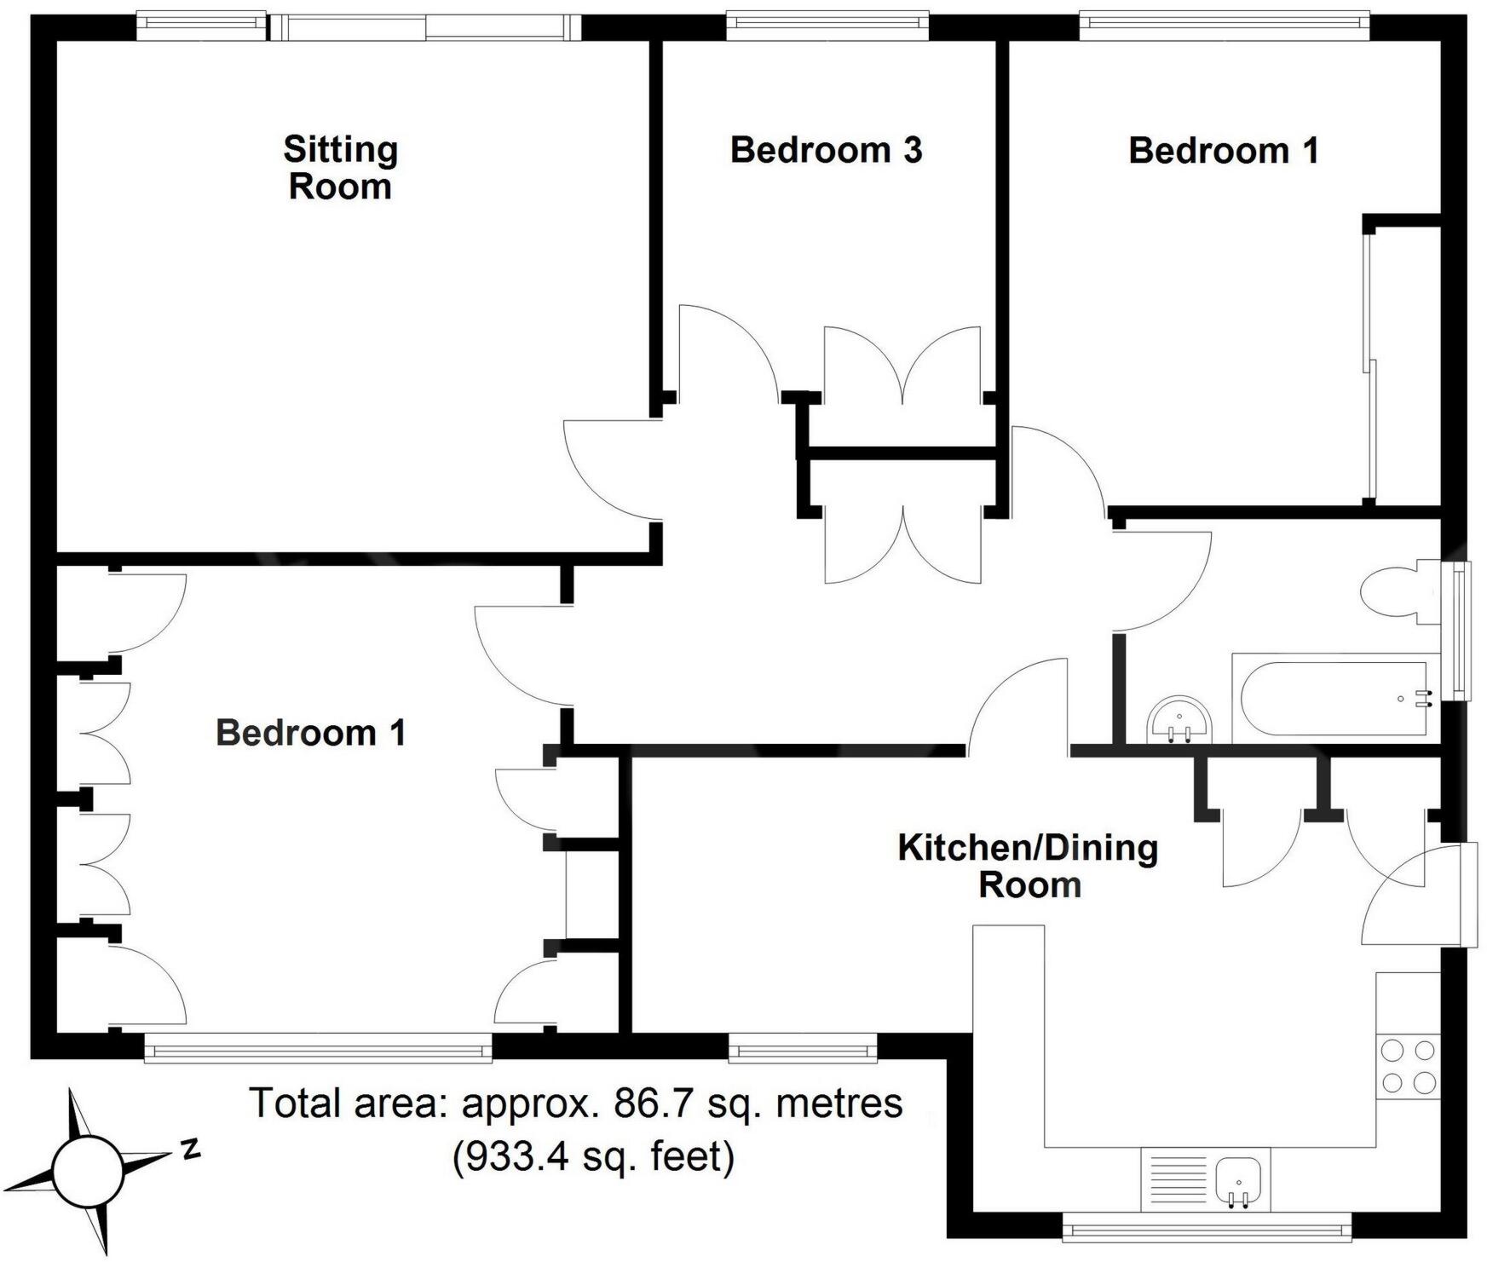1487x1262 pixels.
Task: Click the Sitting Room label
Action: point(340,168)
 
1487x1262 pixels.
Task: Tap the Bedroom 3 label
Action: point(826,150)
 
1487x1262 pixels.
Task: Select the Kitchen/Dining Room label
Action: point(1029,866)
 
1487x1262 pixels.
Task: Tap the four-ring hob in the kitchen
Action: point(1408,1065)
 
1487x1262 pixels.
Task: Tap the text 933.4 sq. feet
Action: point(593,1157)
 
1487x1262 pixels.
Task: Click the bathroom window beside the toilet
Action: point(1461,631)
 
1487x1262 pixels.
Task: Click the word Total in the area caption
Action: point(290,1104)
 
